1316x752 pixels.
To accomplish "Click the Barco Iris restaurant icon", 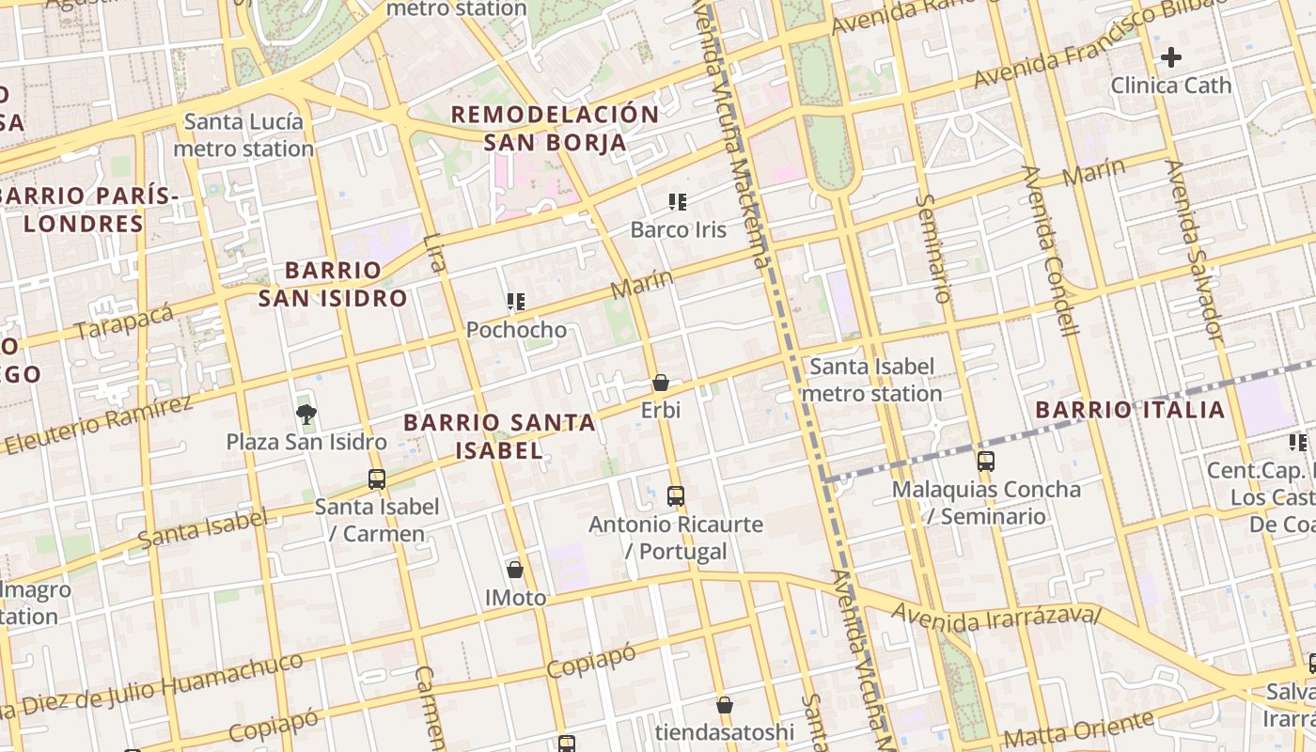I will point(677,201).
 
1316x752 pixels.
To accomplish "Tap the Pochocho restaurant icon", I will point(516,302).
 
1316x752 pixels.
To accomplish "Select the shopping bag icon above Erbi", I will point(661,383).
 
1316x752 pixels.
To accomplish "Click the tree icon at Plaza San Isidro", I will point(305,413).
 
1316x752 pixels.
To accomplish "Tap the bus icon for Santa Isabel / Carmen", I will point(377,478).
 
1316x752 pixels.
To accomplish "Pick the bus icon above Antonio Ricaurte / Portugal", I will point(675,495).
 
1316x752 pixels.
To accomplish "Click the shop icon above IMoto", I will point(515,569).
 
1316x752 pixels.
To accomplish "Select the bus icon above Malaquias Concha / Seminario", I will point(985,461).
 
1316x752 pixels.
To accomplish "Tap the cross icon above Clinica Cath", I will point(1170,57).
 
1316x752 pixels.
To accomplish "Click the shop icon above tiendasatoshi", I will point(725,704).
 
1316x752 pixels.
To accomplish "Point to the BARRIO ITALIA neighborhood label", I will point(1130,410).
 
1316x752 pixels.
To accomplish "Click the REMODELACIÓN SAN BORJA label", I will point(555,128).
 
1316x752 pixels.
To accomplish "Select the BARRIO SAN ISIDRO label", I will point(333,284).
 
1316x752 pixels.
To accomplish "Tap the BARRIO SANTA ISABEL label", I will point(499,436).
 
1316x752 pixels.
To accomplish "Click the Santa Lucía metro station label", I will point(243,134).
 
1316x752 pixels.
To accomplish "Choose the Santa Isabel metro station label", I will point(871,380).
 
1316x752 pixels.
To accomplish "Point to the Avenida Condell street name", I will point(1051,249).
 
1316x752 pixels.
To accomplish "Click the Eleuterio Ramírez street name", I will point(97,425).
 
